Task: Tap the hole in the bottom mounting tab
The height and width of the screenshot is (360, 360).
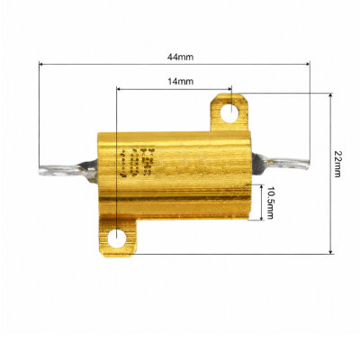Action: click(x=118, y=238)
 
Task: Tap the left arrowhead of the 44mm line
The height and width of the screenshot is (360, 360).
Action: click(x=40, y=64)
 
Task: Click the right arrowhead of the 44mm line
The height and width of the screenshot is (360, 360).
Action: click(x=310, y=64)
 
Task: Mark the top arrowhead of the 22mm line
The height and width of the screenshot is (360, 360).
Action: click(x=330, y=96)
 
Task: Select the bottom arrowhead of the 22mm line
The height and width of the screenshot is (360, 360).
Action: click(x=330, y=250)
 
